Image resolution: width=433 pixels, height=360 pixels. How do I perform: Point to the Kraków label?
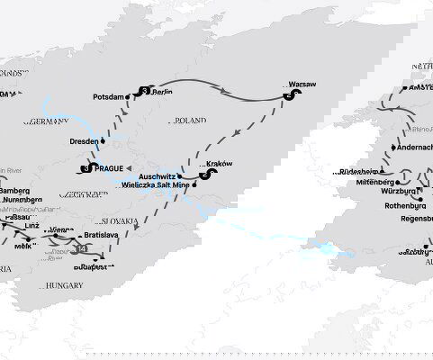click(220, 164)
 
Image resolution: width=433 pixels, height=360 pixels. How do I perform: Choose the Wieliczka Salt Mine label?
click(157, 185)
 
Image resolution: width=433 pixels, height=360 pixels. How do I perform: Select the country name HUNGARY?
click(65, 285)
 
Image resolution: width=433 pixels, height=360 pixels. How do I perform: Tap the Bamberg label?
click(14, 191)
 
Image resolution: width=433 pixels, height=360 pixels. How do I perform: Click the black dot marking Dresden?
click(104, 140)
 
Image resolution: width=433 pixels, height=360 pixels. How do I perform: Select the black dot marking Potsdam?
click(131, 97)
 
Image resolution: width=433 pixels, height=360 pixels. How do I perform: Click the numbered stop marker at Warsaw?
click(288, 95)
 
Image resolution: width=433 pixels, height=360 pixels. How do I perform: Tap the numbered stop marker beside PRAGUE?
click(86, 168)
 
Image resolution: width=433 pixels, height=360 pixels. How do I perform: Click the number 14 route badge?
click(82, 249)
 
